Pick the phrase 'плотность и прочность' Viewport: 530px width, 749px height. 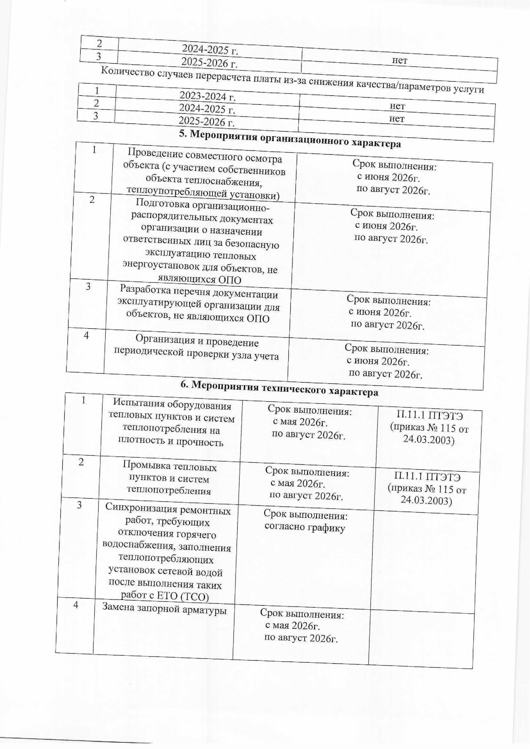tap(170, 442)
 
